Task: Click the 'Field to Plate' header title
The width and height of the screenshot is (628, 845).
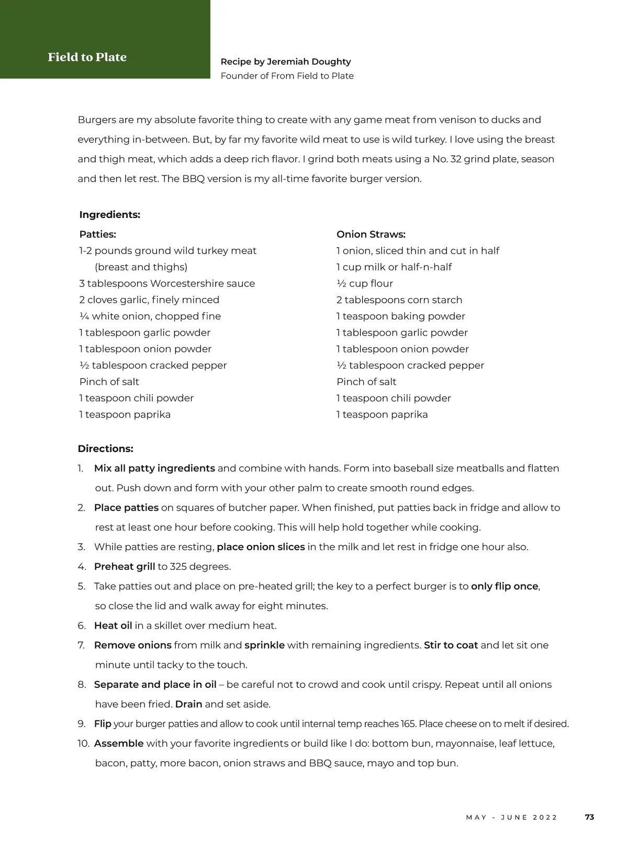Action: [x=87, y=57]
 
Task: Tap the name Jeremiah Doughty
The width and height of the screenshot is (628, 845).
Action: [x=309, y=62]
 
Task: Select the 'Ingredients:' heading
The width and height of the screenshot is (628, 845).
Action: [x=109, y=215]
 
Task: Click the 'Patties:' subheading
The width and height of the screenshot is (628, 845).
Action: [x=97, y=235]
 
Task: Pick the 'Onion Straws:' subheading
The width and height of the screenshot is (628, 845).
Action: [x=371, y=235]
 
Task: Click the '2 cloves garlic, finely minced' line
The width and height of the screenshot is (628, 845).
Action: [x=149, y=300]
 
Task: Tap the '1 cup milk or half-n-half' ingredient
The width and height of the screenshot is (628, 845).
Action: [x=394, y=267]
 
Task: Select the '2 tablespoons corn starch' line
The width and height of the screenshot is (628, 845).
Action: [x=399, y=300]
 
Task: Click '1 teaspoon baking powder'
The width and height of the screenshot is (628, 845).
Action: [x=400, y=316]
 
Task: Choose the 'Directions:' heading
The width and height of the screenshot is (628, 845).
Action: [x=105, y=449]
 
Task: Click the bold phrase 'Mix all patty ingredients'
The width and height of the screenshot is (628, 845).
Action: [x=154, y=468]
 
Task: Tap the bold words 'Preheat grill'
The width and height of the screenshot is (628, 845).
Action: [x=125, y=567]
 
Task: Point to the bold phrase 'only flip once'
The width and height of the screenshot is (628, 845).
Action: [x=504, y=586]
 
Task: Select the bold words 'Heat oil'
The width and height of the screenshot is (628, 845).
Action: [x=113, y=625]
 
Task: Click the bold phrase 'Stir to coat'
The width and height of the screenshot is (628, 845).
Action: [x=451, y=645]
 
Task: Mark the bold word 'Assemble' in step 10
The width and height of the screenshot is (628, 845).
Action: [x=119, y=743]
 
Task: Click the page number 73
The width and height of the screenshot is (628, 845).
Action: [x=589, y=817]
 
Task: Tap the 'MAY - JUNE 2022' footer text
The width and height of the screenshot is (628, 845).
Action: [x=511, y=818]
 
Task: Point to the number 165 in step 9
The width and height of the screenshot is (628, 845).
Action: [x=408, y=724]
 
